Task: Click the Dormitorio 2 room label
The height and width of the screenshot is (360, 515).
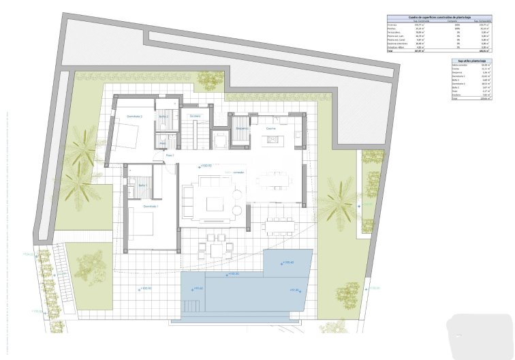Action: tap(134, 117)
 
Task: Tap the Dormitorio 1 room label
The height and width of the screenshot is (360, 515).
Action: tap(151, 206)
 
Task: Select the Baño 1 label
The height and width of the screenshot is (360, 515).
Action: tap(143, 185)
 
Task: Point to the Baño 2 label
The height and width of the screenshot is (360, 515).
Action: tap(163, 117)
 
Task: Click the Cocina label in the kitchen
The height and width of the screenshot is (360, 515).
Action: tap(270, 127)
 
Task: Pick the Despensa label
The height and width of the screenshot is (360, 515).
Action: tap(242, 127)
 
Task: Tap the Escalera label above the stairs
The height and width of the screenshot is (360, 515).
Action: tap(195, 117)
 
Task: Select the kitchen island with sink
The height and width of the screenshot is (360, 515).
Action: tap(274, 140)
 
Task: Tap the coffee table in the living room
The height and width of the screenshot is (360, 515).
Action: tap(216, 204)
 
